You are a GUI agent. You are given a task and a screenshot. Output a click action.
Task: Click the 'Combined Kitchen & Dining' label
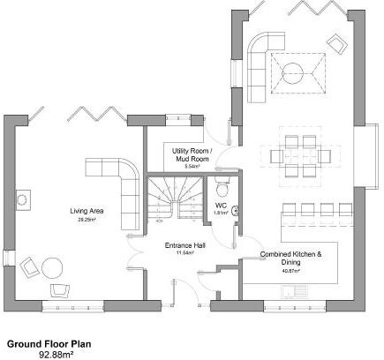[291, 258]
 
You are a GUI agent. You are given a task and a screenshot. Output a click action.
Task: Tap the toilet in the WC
[222, 188]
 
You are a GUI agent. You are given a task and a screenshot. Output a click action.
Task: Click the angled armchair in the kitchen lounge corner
[337, 42]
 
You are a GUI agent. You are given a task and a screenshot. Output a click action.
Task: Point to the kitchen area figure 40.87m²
[290, 270]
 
